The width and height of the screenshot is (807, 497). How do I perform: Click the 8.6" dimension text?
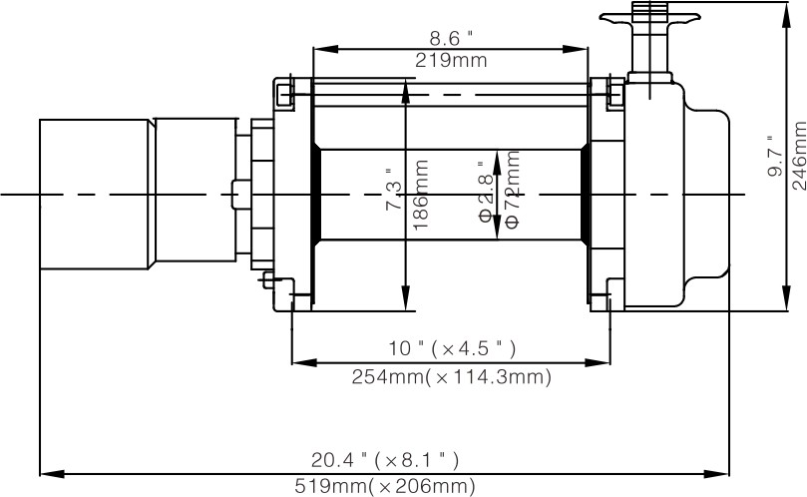tap(451, 38)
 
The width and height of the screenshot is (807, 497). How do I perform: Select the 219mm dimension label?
tap(451, 60)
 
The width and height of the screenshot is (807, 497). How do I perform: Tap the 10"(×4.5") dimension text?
tap(452, 348)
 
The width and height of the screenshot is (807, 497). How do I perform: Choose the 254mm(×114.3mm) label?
tap(452, 377)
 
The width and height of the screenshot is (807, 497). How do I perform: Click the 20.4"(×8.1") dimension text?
tap(384, 460)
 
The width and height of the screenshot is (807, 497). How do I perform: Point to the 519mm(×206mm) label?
tap(384, 487)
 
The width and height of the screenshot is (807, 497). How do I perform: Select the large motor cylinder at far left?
tap(95, 195)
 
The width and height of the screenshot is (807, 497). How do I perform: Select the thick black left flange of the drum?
tap(316, 195)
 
